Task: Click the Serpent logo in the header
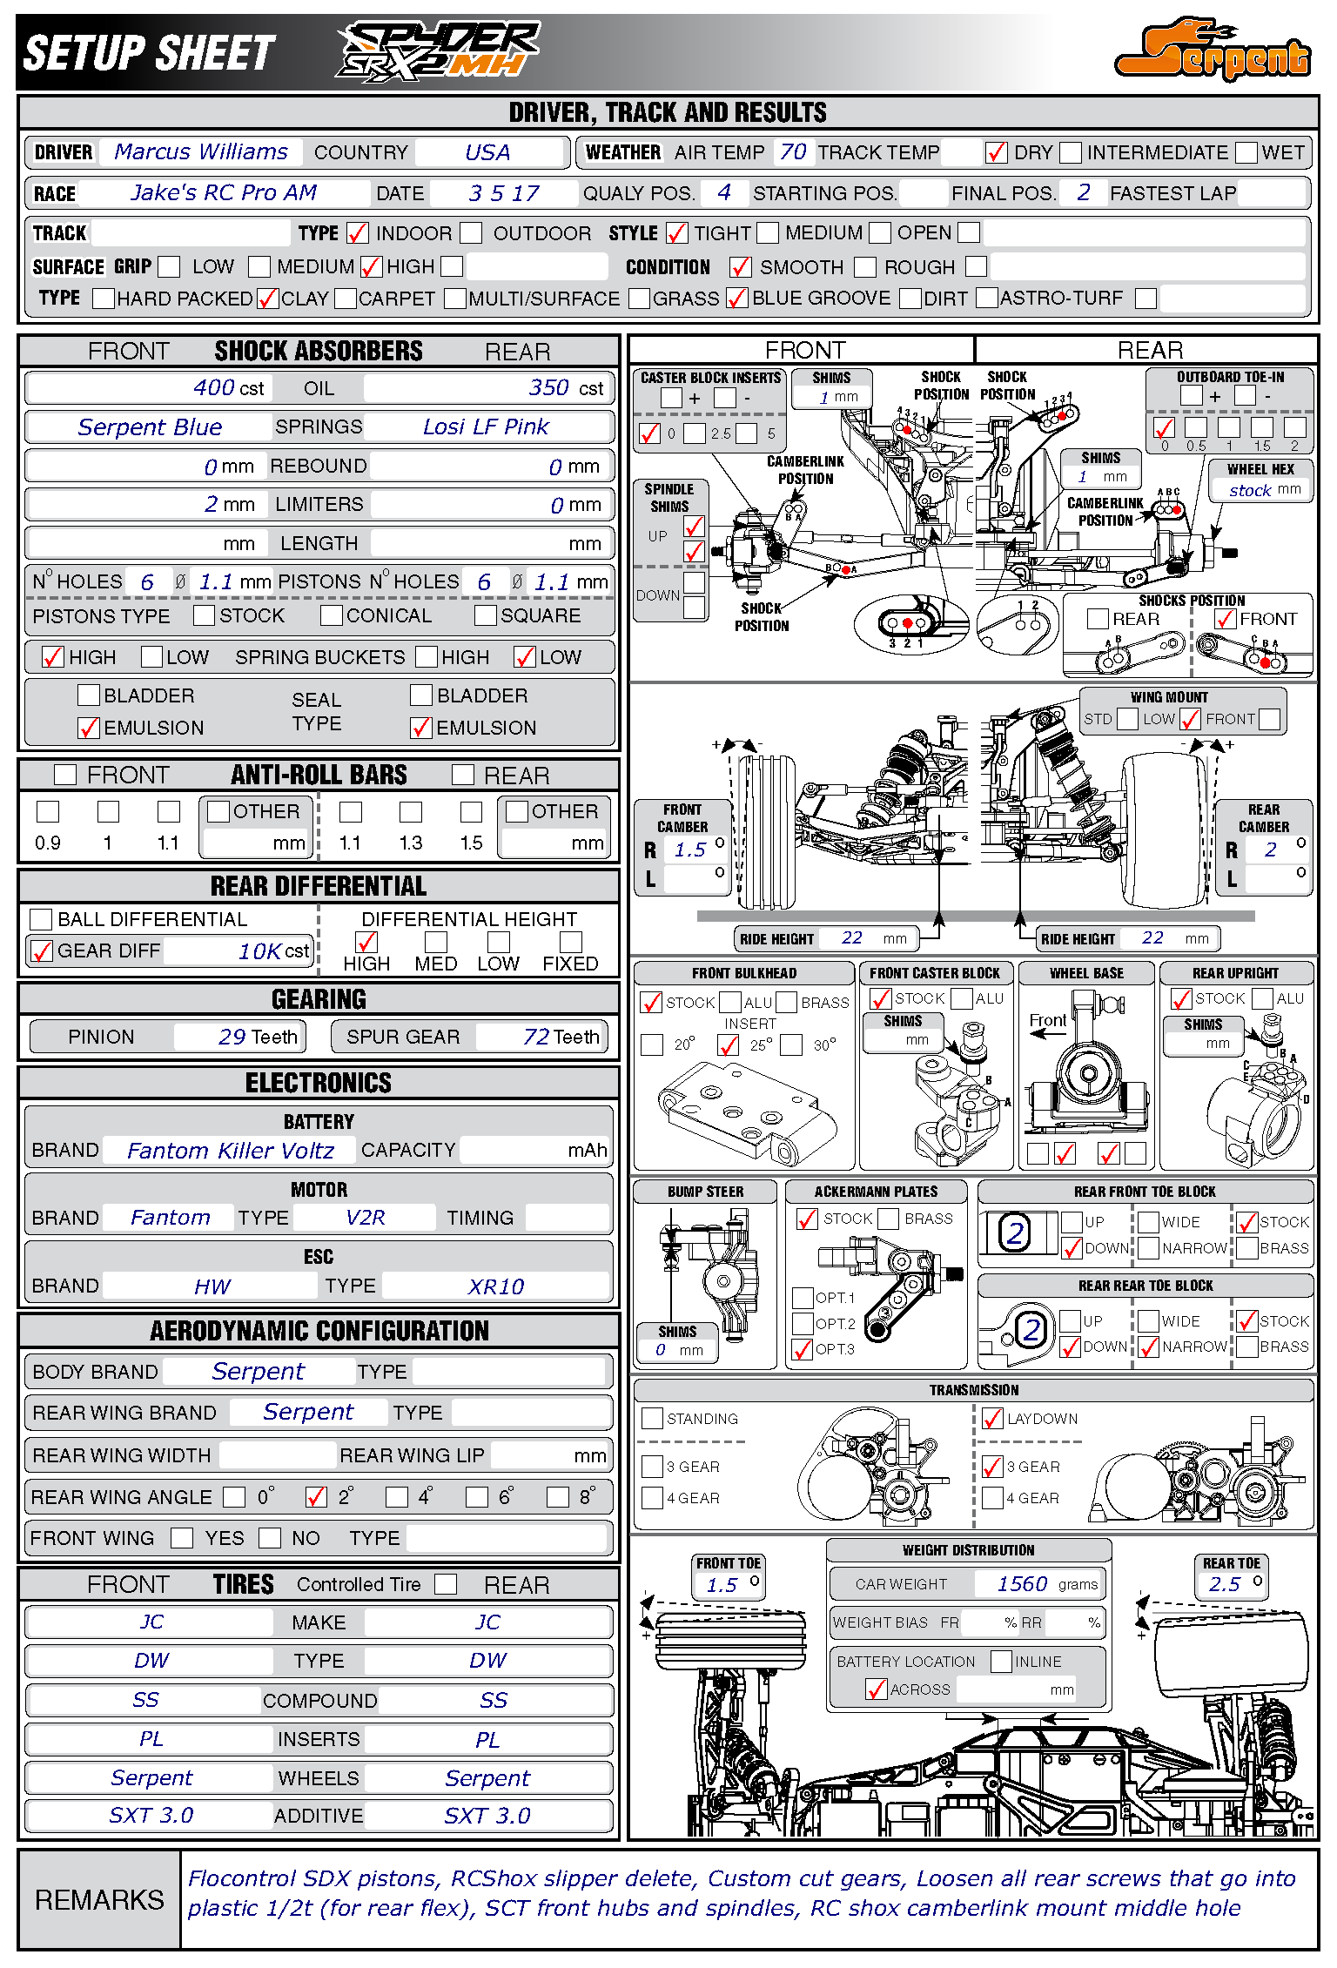coord(1213,50)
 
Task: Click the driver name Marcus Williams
coord(201,152)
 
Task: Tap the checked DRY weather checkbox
coord(996,153)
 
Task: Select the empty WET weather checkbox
coord(1246,153)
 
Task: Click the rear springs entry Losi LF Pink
coord(486,427)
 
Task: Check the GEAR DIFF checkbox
coord(41,951)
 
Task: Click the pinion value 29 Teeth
coord(257,1037)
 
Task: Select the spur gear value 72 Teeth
coord(561,1037)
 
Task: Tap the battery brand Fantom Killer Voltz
coord(230,1151)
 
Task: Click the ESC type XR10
coord(495,1286)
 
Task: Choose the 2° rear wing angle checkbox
coord(316,1497)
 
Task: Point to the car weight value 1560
coord(1022,1584)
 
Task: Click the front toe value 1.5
coord(722,1585)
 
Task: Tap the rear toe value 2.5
coord(1224,1584)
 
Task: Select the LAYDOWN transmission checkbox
coord(992,1419)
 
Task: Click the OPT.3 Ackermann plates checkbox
coord(803,1350)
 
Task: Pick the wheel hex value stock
coord(1250,491)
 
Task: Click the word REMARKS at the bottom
coord(99,1900)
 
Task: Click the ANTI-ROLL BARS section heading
coord(319,775)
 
